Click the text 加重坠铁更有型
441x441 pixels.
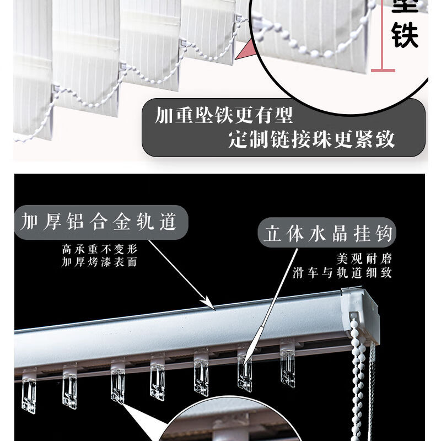[223, 116]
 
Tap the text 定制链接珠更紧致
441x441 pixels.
[311, 140]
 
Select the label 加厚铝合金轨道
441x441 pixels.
[99, 222]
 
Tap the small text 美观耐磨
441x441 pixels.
[364, 259]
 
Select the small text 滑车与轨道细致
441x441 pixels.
[342, 272]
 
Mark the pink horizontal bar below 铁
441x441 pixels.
[383, 71]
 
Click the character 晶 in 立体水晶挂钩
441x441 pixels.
[342, 234]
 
